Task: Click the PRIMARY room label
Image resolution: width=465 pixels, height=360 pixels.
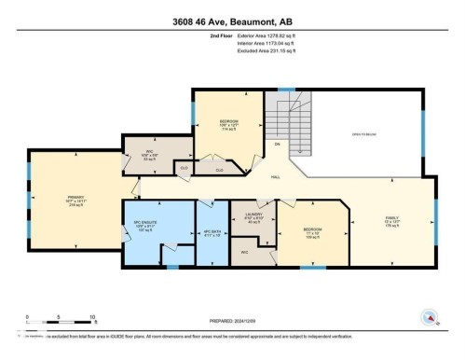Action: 75,198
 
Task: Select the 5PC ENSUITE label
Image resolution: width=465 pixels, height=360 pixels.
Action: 142,225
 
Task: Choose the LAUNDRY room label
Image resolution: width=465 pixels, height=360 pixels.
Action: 252,217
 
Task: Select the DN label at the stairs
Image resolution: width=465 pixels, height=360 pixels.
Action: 277,145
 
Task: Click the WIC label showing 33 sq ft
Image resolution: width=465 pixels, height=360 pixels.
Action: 149,156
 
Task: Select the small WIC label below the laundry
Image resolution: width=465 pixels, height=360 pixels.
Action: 244,252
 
